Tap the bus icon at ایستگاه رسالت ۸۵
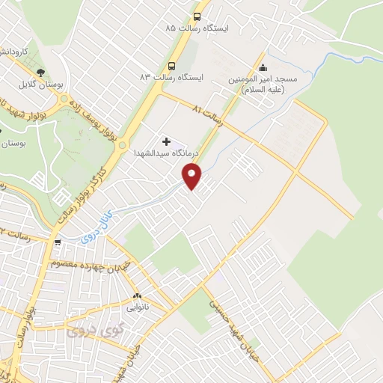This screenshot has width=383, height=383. [x=197, y=16]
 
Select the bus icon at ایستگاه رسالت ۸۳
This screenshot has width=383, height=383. [x=172, y=66]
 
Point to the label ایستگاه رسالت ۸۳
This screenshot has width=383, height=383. [x=171, y=77]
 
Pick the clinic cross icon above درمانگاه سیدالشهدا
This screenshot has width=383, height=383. [x=166, y=141]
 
